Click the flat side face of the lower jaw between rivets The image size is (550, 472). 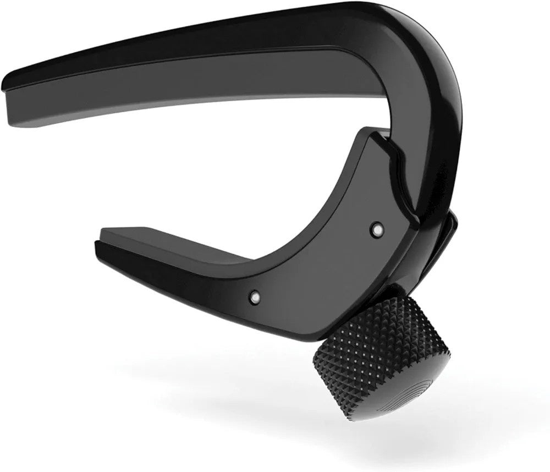point(319,264)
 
